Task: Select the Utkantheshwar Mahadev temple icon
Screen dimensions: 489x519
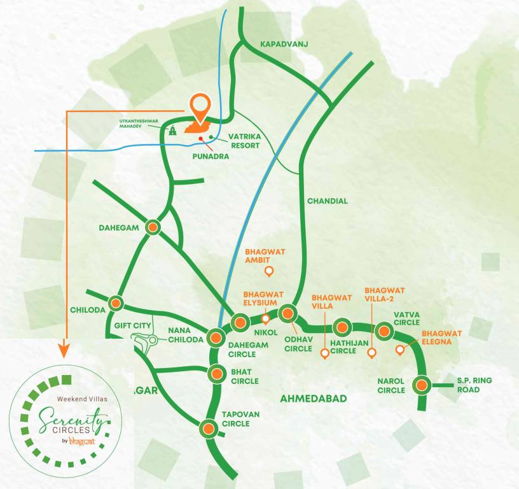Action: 172,130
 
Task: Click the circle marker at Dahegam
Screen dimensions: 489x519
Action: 153,227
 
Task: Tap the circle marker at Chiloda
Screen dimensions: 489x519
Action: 116,303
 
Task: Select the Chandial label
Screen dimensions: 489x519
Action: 327,201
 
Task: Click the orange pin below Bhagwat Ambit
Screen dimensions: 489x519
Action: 269,272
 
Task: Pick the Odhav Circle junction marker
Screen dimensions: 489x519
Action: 288,313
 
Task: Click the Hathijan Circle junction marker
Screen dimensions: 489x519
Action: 342,327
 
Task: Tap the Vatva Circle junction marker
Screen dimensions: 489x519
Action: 384,330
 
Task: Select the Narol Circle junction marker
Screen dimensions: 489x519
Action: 421,385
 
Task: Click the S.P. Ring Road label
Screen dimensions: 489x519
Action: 474,385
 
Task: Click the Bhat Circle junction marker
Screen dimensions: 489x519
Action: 217,374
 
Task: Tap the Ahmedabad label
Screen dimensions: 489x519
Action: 314,399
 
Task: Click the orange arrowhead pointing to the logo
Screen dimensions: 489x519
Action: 64,349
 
